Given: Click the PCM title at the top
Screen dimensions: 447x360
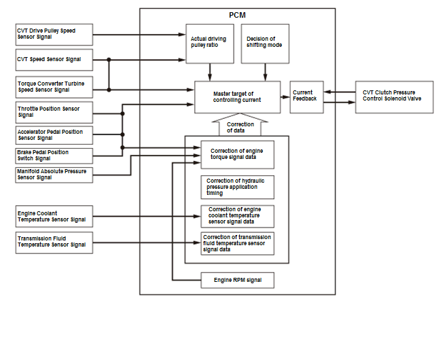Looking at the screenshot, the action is (x=237, y=15).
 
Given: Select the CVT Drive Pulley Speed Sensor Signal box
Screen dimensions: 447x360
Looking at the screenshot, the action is (x=54, y=35).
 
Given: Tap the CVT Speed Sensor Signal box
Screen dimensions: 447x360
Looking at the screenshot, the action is (x=54, y=60).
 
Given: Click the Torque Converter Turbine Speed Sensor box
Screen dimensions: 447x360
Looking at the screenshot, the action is (x=54, y=87).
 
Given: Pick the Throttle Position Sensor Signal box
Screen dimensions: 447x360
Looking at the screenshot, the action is (x=54, y=112).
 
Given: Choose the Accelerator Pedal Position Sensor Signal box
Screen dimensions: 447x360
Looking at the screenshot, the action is (x=54, y=135).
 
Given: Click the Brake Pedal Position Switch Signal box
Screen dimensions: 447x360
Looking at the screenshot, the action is (x=54, y=156).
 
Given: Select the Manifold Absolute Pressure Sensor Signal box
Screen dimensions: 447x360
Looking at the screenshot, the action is (x=54, y=175).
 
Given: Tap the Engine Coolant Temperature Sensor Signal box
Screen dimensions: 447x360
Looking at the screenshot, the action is (x=54, y=217).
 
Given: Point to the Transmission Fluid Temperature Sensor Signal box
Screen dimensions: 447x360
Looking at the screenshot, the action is (x=54, y=242).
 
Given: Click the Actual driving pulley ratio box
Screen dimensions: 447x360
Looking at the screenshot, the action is (x=210, y=43).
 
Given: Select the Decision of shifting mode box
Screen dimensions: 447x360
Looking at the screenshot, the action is (x=265, y=43).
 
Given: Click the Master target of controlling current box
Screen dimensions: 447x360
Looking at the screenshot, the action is (x=238, y=97).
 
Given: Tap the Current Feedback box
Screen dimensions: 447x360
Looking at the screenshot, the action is (x=307, y=97).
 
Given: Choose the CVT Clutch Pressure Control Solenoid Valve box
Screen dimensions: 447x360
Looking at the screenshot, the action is (x=394, y=97).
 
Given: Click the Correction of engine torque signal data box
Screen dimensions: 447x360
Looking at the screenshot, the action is (x=238, y=154).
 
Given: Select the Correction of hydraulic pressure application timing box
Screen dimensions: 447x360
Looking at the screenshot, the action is (x=238, y=187).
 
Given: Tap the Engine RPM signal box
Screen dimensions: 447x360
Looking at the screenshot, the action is (x=238, y=281).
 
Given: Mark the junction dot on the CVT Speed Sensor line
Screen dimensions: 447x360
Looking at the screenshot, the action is (x=109, y=60).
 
